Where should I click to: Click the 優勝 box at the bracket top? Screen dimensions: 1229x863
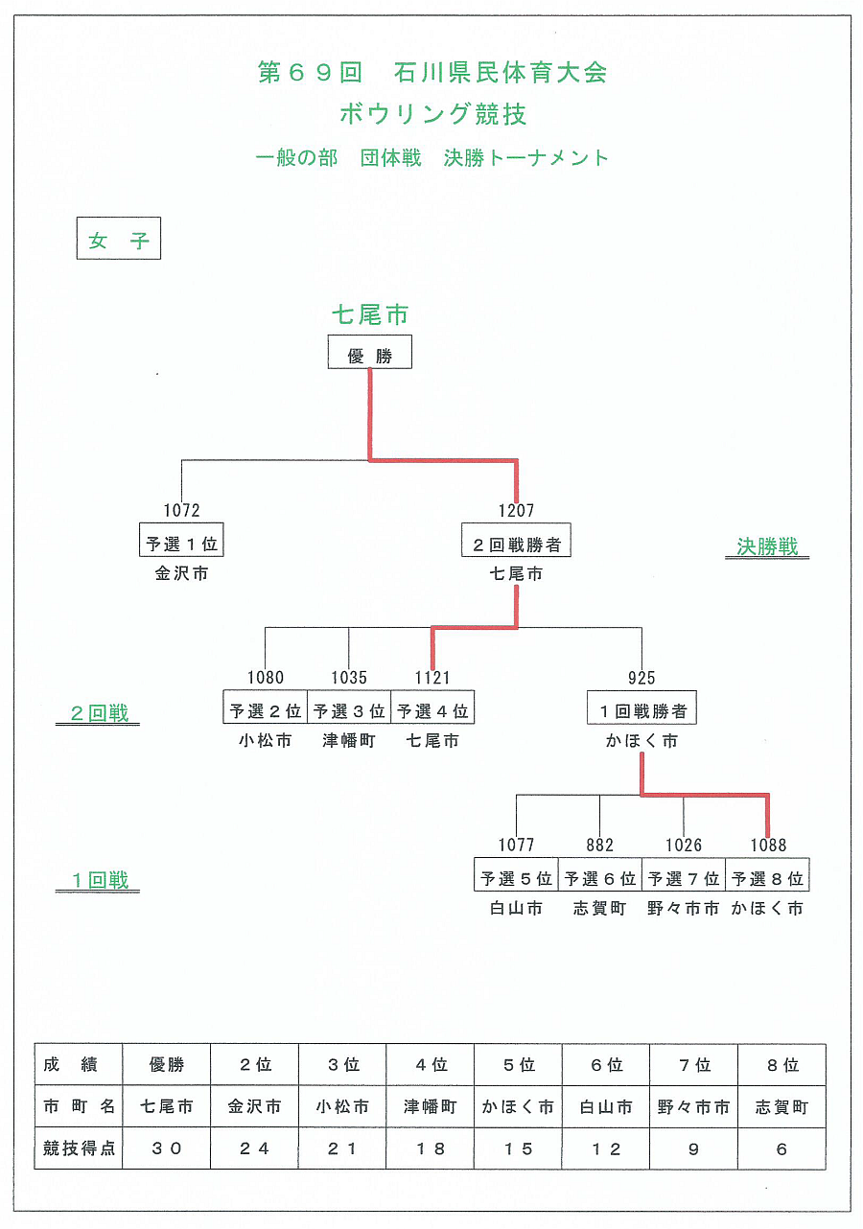[x=370, y=352]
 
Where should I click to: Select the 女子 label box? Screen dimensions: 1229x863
[x=119, y=239]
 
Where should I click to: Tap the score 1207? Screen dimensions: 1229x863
[x=516, y=511]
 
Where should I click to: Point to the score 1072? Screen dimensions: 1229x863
[x=181, y=511]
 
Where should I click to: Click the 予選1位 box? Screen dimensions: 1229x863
[x=181, y=544]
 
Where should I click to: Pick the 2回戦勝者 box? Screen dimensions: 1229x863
[x=516, y=544]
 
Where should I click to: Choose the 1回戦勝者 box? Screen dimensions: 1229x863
[x=641, y=710]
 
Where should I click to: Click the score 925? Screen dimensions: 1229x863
[x=641, y=678]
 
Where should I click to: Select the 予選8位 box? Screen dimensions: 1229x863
[x=767, y=877]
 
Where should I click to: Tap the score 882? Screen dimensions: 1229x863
[x=599, y=845]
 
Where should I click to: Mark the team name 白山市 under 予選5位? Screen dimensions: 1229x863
[x=516, y=908]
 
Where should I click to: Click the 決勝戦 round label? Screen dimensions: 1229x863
[x=767, y=546]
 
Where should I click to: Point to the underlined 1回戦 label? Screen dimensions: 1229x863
[x=98, y=880]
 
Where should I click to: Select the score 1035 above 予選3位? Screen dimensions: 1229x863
[x=349, y=678]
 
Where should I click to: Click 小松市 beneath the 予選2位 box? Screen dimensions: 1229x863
[x=265, y=741]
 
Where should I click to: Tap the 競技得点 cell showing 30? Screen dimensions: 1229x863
[x=166, y=1148]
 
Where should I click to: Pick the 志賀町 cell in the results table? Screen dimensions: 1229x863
[x=781, y=1107]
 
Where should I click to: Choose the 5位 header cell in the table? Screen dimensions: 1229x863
[x=518, y=1065]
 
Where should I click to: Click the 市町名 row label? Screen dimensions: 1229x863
[x=79, y=1107]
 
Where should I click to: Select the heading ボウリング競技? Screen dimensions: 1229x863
[x=432, y=115]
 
